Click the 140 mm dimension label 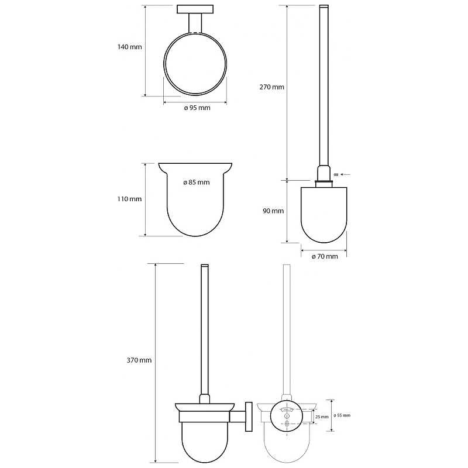(x=129, y=47)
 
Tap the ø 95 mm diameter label (x=197, y=108)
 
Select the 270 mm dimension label (x=271, y=87)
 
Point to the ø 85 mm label (x=197, y=182)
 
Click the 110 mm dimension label (x=129, y=199)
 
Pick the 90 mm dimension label (x=273, y=211)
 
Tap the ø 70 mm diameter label (x=325, y=256)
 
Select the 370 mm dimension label (x=139, y=360)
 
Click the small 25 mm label (x=322, y=417)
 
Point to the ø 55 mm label (x=342, y=415)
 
